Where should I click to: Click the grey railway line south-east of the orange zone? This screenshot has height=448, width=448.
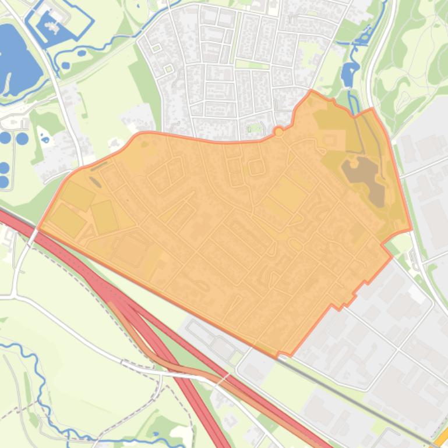coord(373,401)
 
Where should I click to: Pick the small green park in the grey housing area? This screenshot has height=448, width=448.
coord(254,127)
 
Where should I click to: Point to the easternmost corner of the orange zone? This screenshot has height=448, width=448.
coord(411,230)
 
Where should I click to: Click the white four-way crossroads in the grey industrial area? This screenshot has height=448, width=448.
coord(398,349)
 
